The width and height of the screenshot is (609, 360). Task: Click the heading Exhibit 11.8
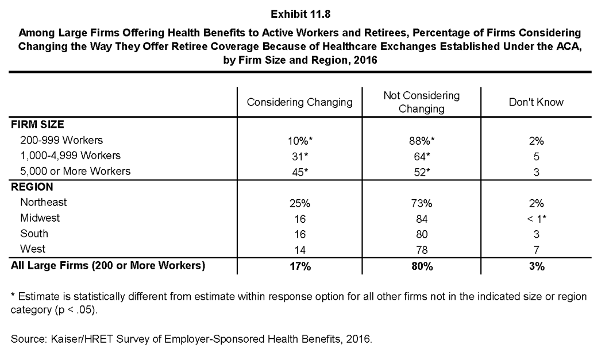300,14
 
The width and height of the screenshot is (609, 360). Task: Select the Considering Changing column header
299,102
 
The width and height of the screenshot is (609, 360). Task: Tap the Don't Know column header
536,102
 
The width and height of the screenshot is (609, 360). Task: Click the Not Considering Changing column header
421,102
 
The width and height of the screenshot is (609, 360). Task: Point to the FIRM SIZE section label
37,125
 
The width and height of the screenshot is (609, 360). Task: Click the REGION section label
32,187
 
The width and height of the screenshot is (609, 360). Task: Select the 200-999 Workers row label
61,140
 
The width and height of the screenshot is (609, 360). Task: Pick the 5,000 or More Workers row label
75,171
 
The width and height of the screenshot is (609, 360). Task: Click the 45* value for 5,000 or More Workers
300,172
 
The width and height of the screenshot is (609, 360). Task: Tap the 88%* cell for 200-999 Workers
421,141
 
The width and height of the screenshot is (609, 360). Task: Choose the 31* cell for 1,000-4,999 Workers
300,157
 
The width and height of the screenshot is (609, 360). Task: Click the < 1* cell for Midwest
537,219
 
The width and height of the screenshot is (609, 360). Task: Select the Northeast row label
44,202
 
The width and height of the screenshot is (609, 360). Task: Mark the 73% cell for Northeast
421,203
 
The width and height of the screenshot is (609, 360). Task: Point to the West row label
33,249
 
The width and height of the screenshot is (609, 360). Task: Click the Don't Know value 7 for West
537,250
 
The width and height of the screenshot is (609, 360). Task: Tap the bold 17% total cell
300,266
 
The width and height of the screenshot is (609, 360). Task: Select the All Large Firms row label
108,266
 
